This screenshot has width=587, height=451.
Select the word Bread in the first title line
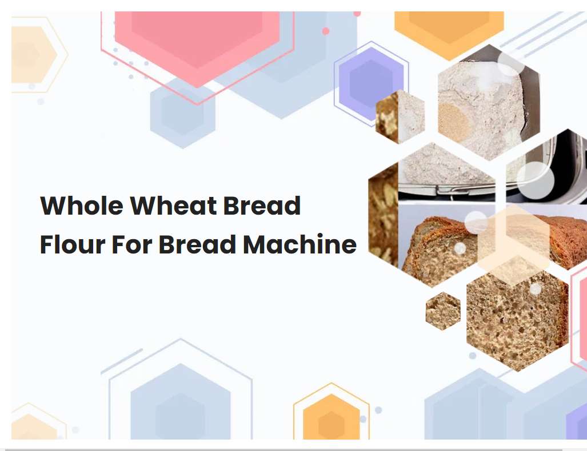click(x=262, y=206)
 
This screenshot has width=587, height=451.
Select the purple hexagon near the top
click(x=371, y=83)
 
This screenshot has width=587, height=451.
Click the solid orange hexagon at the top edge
click(x=449, y=29)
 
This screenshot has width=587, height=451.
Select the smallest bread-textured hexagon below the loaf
click(x=443, y=311)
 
